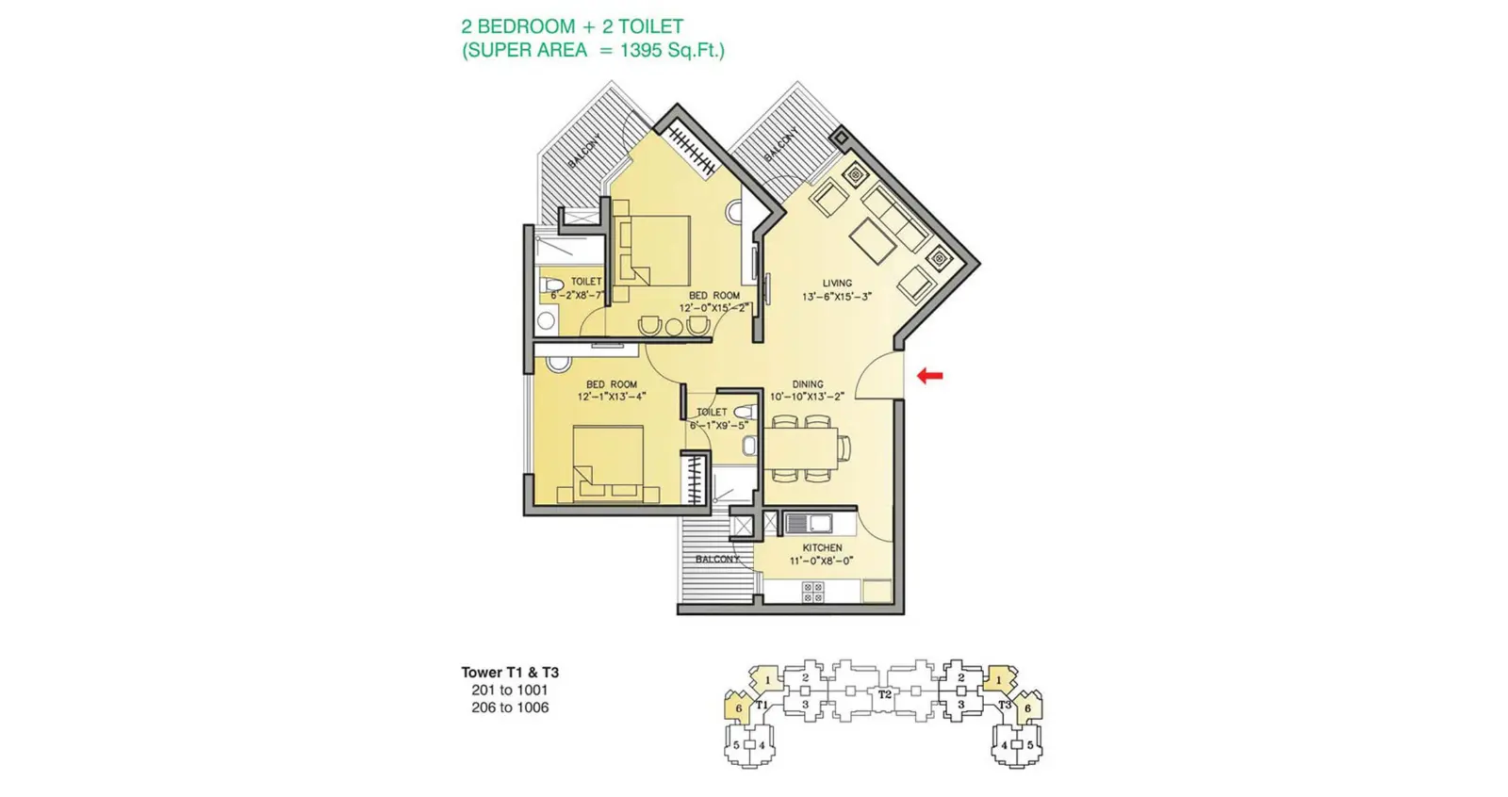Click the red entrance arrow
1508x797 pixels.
pyautogui.click(x=929, y=375)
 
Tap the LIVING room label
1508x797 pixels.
pyautogui.click(x=836, y=283)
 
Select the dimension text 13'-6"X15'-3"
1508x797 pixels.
pyautogui.click(x=836, y=296)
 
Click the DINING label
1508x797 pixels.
pyautogui.click(x=807, y=384)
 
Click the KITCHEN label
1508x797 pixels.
pyautogui.click(x=822, y=547)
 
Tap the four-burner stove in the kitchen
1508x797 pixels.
pyautogui.click(x=812, y=593)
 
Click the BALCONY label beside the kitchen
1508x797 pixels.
pyautogui.click(x=716, y=559)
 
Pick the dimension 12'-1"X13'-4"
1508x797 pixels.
pyautogui.click(x=611, y=397)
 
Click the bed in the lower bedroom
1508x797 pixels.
pyautogui.click(x=608, y=464)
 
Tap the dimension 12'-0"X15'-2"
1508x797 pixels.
pyautogui.click(x=713, y=308)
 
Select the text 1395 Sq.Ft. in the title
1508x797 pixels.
pyautogui.click(x=670, y=51)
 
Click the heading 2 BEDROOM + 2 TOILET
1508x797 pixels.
pyautogui.click(x=572, y=26)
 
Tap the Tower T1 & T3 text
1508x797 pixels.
pyautogui.click(x=510, y=672)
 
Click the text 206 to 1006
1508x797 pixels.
pyautogui.click(x=510, y=708)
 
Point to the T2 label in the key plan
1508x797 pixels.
pyautogui.click(x=884, y=694)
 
